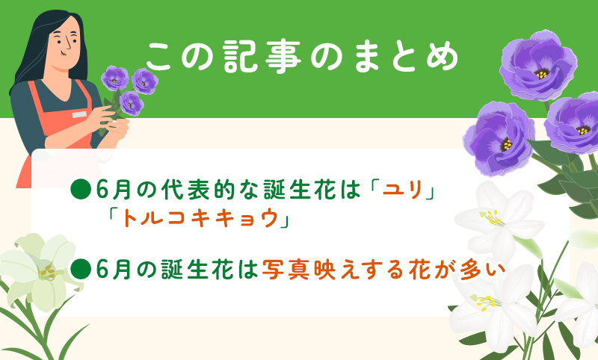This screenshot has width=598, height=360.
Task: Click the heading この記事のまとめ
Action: point(300,57)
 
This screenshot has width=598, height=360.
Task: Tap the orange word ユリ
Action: point(403,191)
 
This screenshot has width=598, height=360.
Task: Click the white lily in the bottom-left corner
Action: point(34,269)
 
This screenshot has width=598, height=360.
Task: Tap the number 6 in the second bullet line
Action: point(103,269)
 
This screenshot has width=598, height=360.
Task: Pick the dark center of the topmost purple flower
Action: point(540,72)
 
